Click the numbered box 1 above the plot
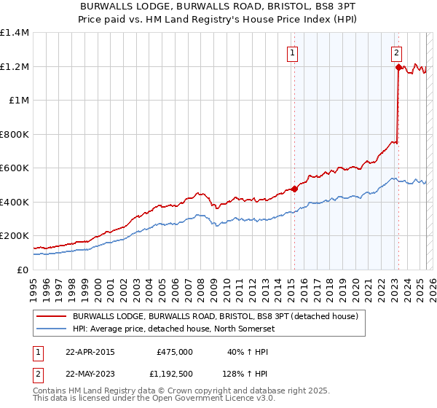[x=292, y=52]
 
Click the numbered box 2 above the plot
[x=396, y=52]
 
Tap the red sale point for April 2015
[x=295, y=189]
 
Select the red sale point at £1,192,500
[x=399, y=67]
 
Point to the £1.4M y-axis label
[x=15, y=33]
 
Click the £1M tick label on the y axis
[x=19, y=101]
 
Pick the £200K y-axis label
[x=15, y=236]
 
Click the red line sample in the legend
[x=52, y=317]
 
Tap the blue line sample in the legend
[x=52, y=328]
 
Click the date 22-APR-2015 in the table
[x=90, y=351]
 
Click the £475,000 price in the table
[x=175, y=351]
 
